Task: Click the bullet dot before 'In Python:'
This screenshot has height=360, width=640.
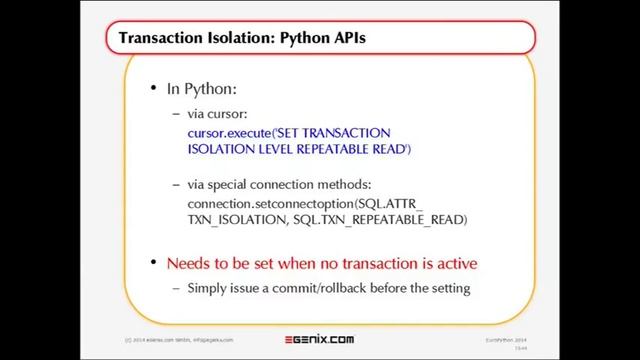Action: tap(153, 89)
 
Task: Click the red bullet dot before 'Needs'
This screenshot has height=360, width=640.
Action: tap(153, 264)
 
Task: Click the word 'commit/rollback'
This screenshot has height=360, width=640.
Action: tap(319, 289)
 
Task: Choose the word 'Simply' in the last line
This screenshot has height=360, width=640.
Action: tap(208, 289)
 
